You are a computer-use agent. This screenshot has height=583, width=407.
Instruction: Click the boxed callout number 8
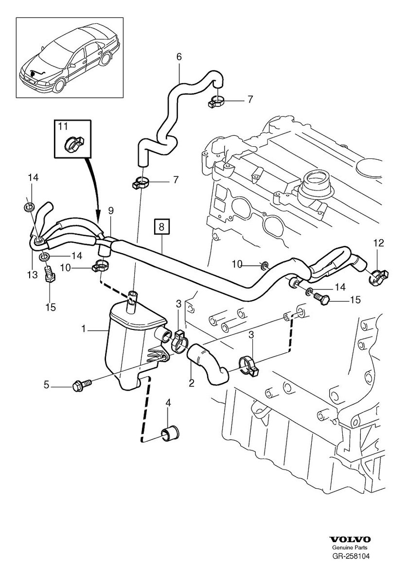click(x=162, y=226)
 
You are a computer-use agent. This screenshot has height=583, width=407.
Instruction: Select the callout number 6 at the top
click(x=179, y=57)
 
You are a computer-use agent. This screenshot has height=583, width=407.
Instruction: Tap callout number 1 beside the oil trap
click(x=84, y=329)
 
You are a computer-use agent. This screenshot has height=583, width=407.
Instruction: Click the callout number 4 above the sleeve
click(x=168, y=402)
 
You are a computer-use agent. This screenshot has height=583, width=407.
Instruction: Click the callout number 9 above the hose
click(x=111, y=210)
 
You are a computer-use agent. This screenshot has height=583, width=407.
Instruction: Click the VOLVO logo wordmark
click(x=350, y=540)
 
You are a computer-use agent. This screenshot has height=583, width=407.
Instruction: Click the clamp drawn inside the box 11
click(x=73, y=143)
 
